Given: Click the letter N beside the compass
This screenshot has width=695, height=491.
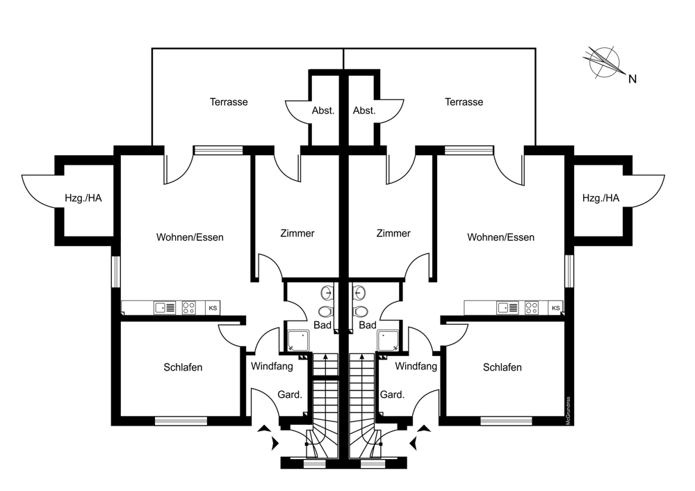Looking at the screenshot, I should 632,79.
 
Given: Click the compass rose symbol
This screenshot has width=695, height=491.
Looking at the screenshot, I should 602,61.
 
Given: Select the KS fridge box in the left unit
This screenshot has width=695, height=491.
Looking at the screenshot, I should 213,307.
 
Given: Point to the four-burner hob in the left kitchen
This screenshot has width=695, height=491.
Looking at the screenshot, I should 189,307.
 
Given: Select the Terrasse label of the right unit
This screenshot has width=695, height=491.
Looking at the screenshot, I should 464,102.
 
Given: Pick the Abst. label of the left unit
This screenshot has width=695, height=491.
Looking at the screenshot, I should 323,111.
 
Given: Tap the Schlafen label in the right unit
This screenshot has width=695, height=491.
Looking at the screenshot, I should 502,367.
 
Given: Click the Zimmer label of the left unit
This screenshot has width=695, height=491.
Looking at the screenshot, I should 297,234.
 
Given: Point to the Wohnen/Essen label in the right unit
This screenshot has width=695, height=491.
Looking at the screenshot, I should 500,238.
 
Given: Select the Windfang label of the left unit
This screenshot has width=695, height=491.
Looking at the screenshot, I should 272,366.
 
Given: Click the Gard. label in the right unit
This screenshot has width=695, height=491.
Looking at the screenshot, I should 392,395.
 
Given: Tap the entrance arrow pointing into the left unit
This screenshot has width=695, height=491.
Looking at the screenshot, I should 270,437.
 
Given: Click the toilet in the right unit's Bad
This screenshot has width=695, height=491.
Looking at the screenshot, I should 359,312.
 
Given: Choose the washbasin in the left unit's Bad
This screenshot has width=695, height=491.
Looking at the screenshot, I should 327,293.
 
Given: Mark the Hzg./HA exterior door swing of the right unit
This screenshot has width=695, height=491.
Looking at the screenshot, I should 646,191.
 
